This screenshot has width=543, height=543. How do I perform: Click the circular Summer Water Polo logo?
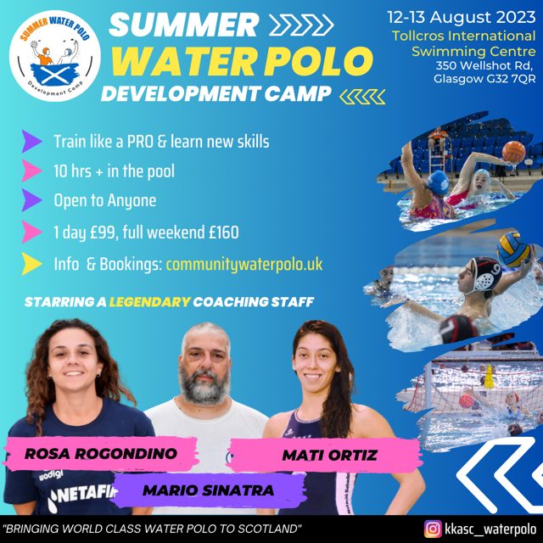pyautogui.click(x=54, y=56)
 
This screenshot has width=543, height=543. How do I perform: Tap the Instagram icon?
pyautogui.click(x=433, y=529)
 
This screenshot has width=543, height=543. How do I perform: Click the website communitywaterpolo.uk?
pyautogui.click(x=244, y=265)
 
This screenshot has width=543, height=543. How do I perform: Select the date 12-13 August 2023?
pyautogui.click(x=462, y=17)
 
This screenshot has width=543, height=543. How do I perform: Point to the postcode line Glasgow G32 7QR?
pyautogui.click(x=484, y=79)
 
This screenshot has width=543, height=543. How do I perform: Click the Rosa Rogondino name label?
pyautogui.click(x=101, y=454)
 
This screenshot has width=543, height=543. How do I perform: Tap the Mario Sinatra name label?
pyautogui.click(x=209, y=490)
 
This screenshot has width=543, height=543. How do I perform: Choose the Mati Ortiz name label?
pyautogui.click(x=329, y=455)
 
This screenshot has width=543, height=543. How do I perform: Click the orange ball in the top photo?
pyautogui.click(x=513, y=152)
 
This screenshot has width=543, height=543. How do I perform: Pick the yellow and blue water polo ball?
pyautogui.click(x=513, y=249)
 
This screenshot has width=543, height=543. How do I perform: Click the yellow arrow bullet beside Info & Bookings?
pyautogui.click(x=31, y=264)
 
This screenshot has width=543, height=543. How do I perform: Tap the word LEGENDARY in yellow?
pyautogui.click(x=150, y=302)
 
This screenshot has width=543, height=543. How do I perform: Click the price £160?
pyautogui.click(x=224, y=232)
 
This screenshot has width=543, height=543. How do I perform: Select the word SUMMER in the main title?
pyautogui.click(x=184, y=25)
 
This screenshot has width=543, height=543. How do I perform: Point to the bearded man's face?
pyautogui.click(x=205, y=367)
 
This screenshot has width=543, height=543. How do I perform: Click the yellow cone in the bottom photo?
pyautogui.click(x=489, y=376)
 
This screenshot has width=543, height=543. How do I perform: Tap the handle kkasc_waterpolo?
pyautogui.click(x=490, y=529)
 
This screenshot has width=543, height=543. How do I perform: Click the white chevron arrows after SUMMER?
pyautogui.click(x=301, y=25)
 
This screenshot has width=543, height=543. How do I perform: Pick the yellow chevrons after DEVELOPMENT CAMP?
pyautogui.click(x=362, y=97)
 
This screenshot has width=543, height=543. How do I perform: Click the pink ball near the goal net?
pyautogui.click(x=466, y=401)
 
